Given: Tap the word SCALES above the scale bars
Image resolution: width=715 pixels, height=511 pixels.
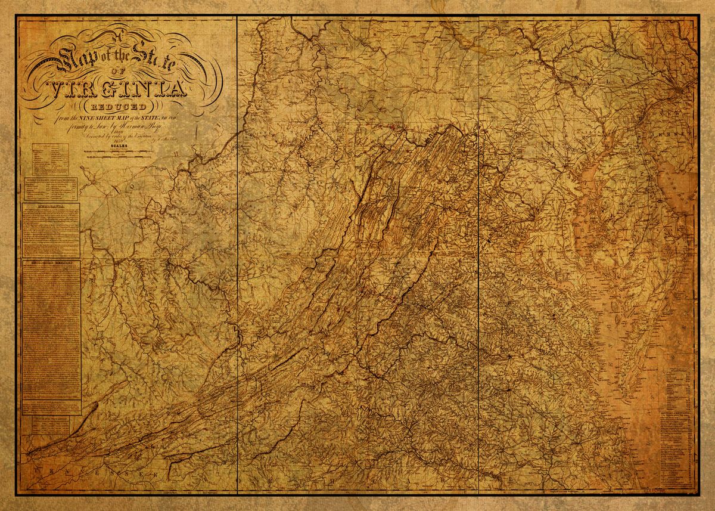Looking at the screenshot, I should coord(116,144).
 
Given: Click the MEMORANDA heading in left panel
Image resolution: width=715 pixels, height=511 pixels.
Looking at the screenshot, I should coord(51,206).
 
